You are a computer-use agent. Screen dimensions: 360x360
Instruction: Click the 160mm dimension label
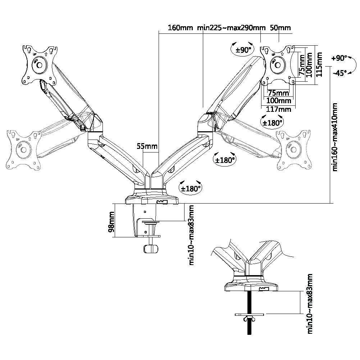[180, 28]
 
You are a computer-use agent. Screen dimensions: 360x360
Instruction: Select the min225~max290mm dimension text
[231, 28]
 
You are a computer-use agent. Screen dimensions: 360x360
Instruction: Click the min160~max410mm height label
[335, 137]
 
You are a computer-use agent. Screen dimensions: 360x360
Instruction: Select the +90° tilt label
[340, 58]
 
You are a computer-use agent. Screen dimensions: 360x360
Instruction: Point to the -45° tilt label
[340, 73]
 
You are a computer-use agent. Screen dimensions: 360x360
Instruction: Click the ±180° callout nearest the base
[191, 188]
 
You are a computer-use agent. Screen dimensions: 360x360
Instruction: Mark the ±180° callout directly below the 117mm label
[272, 123]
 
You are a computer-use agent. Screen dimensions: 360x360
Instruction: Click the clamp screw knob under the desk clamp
[150, 249]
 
